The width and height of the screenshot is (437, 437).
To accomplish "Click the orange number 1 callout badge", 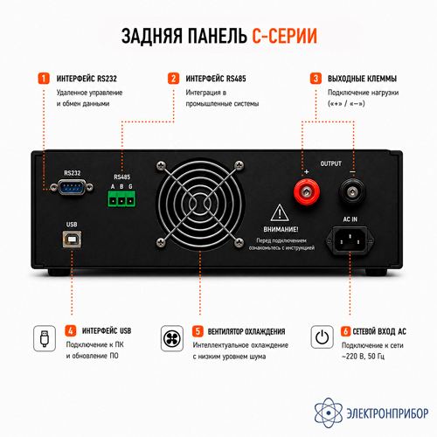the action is click(x=44, y=79).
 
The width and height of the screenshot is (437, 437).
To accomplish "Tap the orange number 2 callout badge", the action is click(x=173, y=79).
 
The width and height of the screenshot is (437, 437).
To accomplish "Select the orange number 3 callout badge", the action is click(x=316, y=79).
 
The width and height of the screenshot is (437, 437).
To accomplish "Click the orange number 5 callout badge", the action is click(x=198, y=331).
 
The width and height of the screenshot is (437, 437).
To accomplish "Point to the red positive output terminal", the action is click(x=307, y=192).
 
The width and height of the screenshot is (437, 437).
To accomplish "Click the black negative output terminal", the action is click(x=352, y=191).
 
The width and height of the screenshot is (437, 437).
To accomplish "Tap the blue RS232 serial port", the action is click(x=72, y=187).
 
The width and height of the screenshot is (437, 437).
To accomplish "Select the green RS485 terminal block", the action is click(x=121, y=198).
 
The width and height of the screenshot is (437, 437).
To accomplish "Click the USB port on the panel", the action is click(x=72, y=239).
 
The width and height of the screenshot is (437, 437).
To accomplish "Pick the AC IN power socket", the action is click(x=350, y=240).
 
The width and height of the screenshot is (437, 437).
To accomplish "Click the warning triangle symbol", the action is click(x=280, y=212).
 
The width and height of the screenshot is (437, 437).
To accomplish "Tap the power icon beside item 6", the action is click(x=322, y=337).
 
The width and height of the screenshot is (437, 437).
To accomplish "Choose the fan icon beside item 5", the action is click(x=172, y=338).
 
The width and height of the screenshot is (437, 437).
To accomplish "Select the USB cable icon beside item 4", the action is click(x=45, y=338).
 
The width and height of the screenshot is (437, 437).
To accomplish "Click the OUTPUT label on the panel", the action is click(x=330, y=163).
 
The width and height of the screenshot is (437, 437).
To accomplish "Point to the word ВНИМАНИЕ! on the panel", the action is click(x=281, y=230).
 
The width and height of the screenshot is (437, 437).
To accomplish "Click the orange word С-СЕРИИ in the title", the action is click(x=284, y=36).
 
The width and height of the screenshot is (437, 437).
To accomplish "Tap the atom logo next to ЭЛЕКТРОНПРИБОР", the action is click(x=329, y=413).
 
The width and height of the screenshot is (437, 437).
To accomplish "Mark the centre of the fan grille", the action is click(x=200, y=204).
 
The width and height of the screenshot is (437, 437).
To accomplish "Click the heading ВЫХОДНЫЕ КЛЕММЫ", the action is click(x=362, y=79).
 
